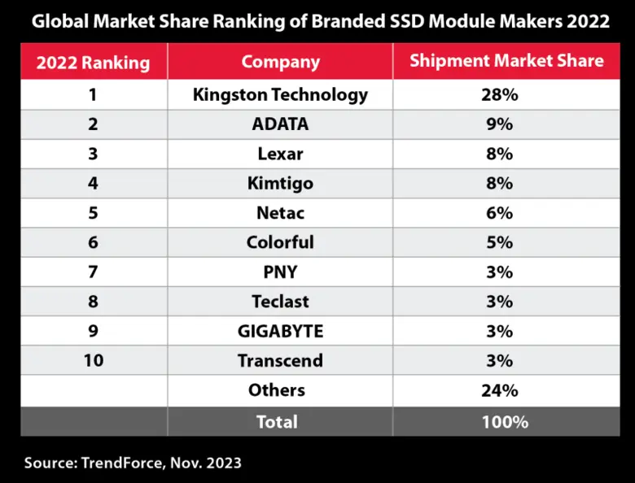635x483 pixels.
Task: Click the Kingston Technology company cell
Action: point(280,95)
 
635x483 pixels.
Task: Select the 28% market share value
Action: point(500,95)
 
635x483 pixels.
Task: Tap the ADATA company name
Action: point(280,124)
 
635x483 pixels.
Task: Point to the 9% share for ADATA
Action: point(500,124)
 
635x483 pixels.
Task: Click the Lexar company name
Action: point(280,154)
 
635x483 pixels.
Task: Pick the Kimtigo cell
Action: point(280,183)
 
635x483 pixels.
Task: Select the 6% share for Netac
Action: point(500,213)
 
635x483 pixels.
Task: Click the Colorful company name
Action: point(280,242)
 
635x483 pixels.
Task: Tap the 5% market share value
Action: point(500,242)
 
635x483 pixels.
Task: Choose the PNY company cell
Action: point(280,272)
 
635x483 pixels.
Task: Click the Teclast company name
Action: point(280,302)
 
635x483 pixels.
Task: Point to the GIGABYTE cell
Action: point(280,331)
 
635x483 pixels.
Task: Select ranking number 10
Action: point(94,360)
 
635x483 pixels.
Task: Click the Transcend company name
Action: point(280,360)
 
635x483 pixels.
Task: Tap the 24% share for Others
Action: point(500,390)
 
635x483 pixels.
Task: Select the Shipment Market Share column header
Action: point(506,61)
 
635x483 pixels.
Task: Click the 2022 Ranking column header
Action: point(94,62)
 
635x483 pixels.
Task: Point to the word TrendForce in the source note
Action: point(120,463)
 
